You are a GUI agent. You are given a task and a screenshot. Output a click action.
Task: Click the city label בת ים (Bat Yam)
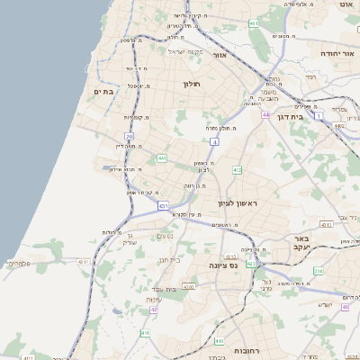click(104, 91)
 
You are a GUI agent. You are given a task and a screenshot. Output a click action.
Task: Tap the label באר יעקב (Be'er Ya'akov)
click(297, 242)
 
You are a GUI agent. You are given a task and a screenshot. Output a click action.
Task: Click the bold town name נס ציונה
click(221, 265)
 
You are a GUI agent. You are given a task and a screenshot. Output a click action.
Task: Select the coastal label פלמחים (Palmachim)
click(18, 264)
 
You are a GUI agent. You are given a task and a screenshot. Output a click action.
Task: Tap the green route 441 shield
click(162, 158)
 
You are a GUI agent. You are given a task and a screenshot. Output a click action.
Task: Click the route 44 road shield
click(266, 115)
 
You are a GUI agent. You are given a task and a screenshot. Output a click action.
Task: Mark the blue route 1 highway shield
click(318, 115)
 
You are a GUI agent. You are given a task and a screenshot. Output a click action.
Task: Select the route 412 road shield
click(237, 169)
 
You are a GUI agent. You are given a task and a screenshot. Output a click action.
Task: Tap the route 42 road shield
click(155, 309)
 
